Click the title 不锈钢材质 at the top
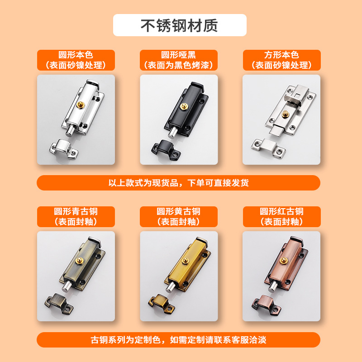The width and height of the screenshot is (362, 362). [x=180, y=25]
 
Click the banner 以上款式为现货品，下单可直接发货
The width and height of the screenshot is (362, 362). [x=178, y=183]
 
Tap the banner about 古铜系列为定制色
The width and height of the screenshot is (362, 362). [x=178, y=339]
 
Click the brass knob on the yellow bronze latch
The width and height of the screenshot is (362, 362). [x=185, y=261]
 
